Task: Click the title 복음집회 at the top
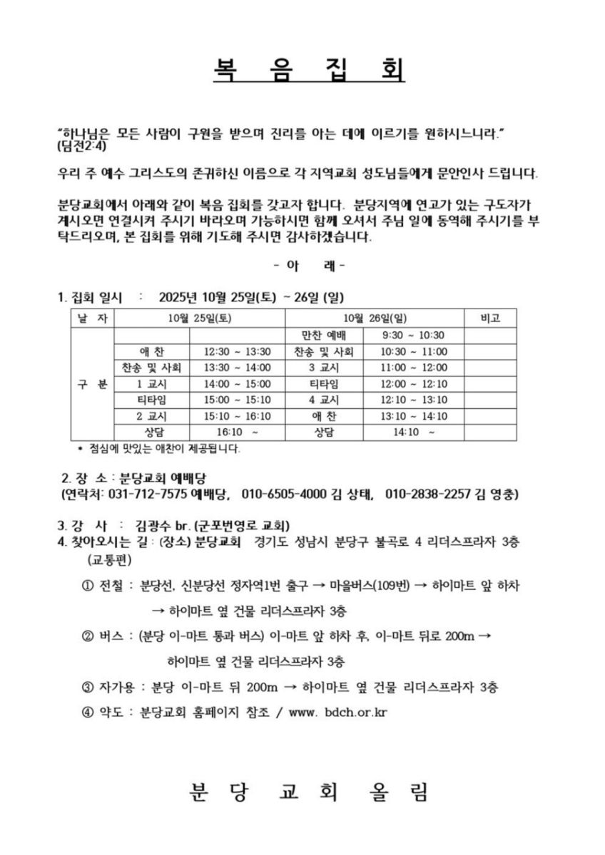point(309,69)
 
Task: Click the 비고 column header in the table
point(492,318)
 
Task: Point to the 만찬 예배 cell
point(324,335)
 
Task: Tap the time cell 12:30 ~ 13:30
point(238,351)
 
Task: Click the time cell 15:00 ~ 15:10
point(238,400)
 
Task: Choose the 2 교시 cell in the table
point(151,417)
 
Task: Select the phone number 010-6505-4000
point(285,494)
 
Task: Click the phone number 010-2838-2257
point(427,494)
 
